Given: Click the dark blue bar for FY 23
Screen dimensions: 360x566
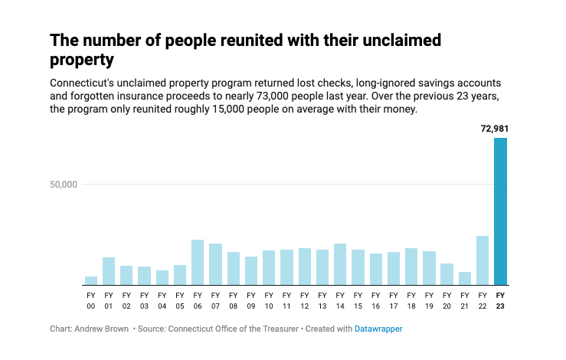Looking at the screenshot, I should [x=500, y=211].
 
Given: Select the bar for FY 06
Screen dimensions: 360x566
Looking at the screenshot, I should [x=198, y=262].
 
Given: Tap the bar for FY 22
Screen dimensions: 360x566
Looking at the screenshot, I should [x=483, y=260].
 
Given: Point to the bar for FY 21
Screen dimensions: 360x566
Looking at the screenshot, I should [x=465, y=278].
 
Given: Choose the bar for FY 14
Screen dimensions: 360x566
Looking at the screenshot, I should [x=340, y=263].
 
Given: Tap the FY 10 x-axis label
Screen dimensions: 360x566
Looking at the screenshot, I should [x=269, y=300].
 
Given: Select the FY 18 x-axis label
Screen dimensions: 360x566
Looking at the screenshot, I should [x=411, y=300].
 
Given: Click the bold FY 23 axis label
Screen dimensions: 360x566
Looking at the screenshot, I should [x=500, y=300].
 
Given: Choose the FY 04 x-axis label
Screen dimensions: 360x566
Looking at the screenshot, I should [x=162, y=300].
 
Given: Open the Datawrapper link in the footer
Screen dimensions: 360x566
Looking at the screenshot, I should [x=378, y=329].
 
